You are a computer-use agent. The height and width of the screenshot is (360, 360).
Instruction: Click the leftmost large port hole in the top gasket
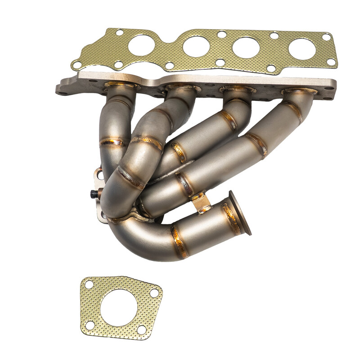click(142, 45)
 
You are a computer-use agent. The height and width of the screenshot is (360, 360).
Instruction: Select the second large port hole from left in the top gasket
click(196, 46)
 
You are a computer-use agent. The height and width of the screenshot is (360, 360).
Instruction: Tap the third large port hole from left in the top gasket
click(246, 47)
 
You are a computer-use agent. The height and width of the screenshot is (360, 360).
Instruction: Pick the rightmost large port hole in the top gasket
click(301, 49)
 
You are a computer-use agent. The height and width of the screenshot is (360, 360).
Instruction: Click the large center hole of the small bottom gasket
click(118, 308)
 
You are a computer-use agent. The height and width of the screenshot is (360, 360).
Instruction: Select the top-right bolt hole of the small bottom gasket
click(154, 293)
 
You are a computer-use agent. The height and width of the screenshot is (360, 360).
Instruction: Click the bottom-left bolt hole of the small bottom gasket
click(90, 325)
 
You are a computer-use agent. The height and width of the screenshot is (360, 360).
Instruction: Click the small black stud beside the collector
click(94, 194)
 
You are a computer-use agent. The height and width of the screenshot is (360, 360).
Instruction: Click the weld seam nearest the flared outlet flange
click(231, 218)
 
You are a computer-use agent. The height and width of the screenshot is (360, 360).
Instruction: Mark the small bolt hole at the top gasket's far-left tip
click(77, 65)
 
